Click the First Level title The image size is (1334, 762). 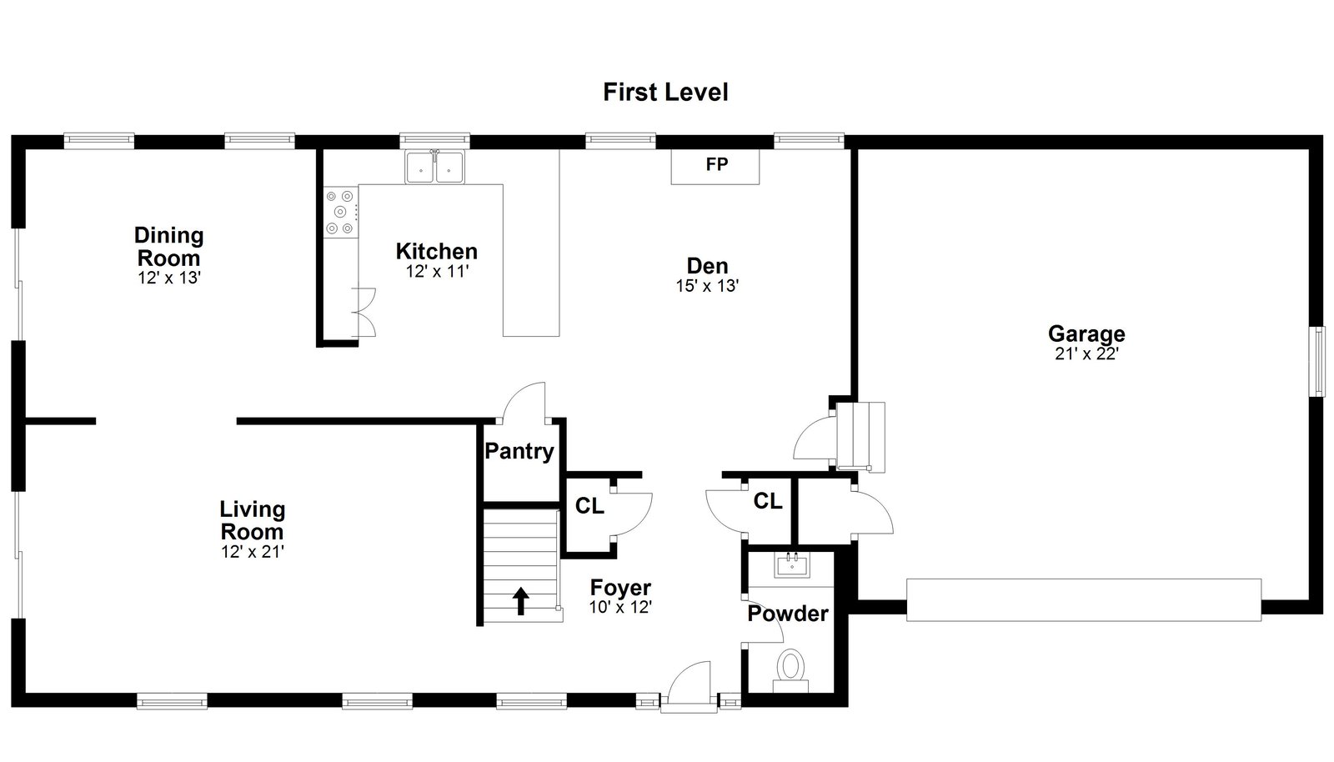click(x=665, y=93)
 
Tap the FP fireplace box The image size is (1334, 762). click(x=715, y=167)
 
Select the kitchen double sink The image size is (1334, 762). click(x=434, y=168)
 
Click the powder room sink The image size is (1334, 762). click(x=792, y=564)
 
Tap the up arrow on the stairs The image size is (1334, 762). click(x=521, y=600)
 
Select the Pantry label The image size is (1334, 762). click(x=519, y=451)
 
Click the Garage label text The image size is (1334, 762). click(x=1087, y=334)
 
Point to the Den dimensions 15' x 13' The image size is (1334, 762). click(x=707, y=286)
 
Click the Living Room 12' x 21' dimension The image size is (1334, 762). click(x=253, y=552)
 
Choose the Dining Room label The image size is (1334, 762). click(x=169, y=247)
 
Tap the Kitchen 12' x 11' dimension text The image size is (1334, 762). click(x=437, y=272)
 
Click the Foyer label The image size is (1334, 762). click(x=620, y=588)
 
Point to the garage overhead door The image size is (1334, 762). click(x=1084, y=600)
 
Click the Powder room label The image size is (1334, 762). click(x=788, y=614)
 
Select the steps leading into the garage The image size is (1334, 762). click(x=860, y=437)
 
